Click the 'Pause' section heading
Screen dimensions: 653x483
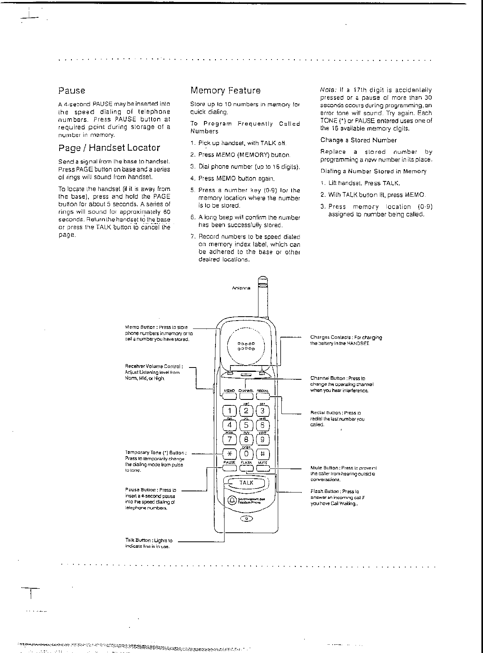pyautogui.click(x=72, y=91)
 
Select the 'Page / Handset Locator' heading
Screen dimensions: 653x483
pyautogui.click(x=109, y=148)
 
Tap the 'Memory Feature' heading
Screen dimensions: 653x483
pyautogui.click(x=225, y=91)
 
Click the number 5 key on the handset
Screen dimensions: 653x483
pyautogui.click(x=246, y=425)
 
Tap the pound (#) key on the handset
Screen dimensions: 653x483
pyautogui.click(x=263, y=453)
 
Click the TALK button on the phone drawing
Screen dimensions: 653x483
pyautogui.click(x=246, y=483)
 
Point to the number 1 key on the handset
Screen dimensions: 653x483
pyautogui.click(x=229, y=411)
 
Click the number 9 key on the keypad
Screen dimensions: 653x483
pyautogui.click(x=263, y=439)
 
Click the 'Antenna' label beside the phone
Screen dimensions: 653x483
pyautogui.click(x=241, y=288)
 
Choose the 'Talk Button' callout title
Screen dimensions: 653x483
pyautogui.click(x=138, y=540)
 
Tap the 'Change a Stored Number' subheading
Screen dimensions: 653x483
pyautogui.click(x=358, y=140)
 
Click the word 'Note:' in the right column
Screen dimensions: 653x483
pyautogui.click(x=328, y=90)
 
